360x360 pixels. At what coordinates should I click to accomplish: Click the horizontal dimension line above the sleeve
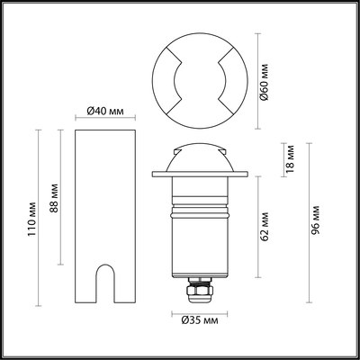(104, 120)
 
